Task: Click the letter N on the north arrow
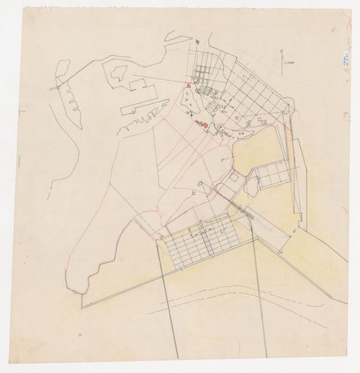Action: point(283,50)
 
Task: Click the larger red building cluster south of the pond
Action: point(204,125)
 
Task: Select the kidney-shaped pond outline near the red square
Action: point(188,104)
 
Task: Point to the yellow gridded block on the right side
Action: point(273,175)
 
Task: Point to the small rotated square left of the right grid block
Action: point(235,178)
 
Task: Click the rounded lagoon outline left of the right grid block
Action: point(251,186)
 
